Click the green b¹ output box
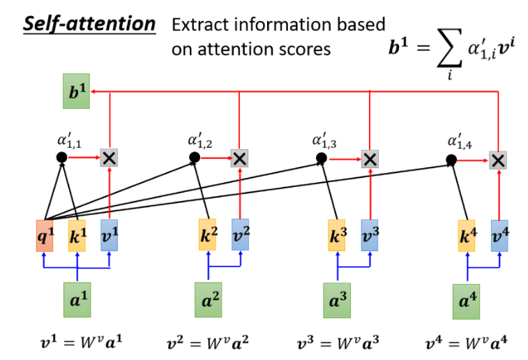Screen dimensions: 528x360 pos(77,91)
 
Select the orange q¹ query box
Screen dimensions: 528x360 pos(45,236)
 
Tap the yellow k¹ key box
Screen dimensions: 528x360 pos(77,236)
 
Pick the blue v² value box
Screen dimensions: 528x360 pos(240,234)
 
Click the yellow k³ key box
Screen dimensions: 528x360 pos(337,235)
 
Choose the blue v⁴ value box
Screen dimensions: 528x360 pos(499,236)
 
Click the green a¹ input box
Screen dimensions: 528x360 pos(77,300)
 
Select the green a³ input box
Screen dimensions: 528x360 pos(337,301)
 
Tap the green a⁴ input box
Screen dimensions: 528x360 pos(467,301)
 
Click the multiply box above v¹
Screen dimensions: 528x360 pos(109,158)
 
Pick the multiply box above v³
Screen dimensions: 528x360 pos(370,159)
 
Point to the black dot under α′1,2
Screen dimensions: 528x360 pos(195,157)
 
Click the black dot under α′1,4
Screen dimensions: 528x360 pos(451,160)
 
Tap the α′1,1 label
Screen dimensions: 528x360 pos(69,140)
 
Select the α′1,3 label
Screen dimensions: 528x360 pos(324,140)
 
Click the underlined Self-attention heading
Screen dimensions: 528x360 pos(89,24)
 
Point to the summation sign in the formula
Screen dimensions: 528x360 pos(449,48)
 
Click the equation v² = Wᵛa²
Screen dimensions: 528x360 pos(208,343)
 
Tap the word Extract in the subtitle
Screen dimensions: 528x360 pos(201,24)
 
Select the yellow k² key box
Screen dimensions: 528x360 pos(207,234)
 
